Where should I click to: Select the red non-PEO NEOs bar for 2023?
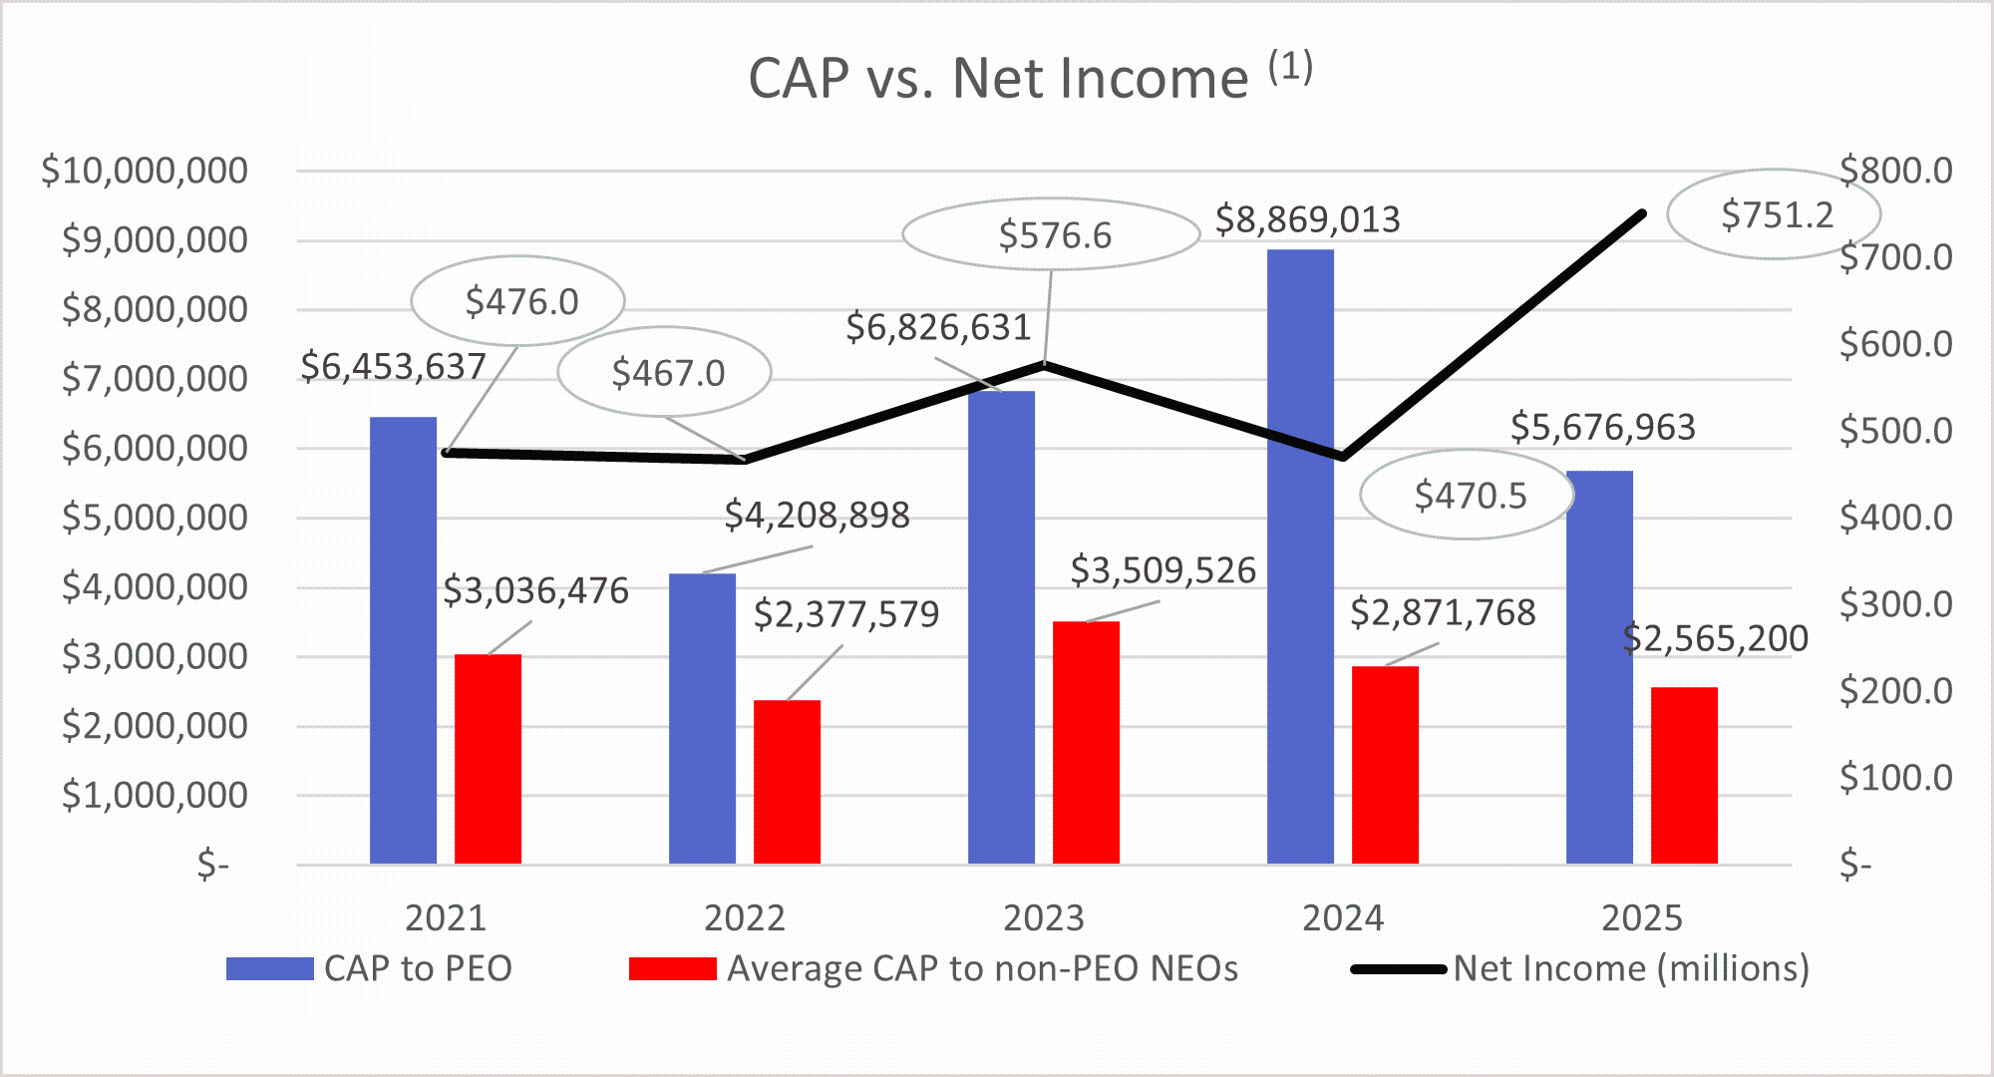[x=1086, y=743]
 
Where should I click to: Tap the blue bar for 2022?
[x=702, y=718]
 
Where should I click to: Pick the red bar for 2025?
[x=1684, y=776]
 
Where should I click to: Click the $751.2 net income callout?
[x=1776, y=214]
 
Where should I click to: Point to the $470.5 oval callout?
[x=1469, y=496]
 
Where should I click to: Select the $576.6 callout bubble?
[x=1053, y=235]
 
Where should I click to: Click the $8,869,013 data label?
[x=1307, y=219]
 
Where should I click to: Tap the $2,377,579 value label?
[x=845, y=614]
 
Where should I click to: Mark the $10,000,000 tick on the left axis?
[x=145, y=171]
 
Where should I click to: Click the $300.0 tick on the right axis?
[x=1895, y=604]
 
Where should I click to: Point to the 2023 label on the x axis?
[x=1043, y=917]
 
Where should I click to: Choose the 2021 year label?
[x=445, y=917]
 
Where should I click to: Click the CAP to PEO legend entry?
[x=418, y=968]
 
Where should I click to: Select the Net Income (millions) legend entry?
[x=1630, y=968]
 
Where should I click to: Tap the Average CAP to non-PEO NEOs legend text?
[x=982, y=968]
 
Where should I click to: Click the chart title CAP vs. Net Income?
[x=997, y=78]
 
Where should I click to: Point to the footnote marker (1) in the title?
[x=1290, y=68]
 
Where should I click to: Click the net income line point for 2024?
[x=1343, y=457]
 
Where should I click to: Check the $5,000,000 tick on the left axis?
[x=155, y=518]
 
